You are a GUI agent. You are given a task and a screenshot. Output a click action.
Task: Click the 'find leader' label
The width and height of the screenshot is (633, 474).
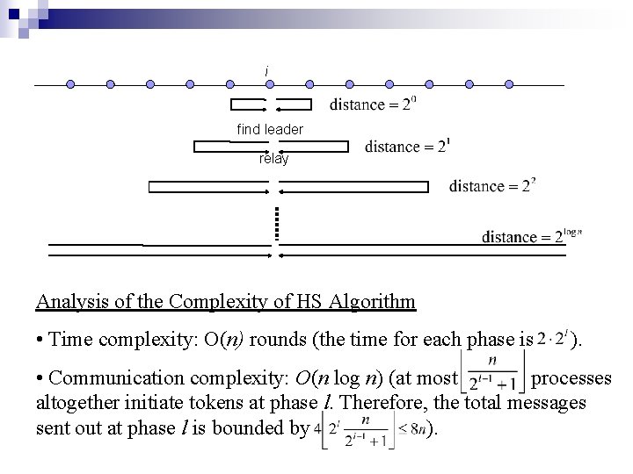coord(270,130)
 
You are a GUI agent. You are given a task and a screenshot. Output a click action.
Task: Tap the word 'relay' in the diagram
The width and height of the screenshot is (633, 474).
coord(273,160)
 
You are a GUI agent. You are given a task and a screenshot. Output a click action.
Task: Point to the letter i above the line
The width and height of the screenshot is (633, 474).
coord(267,70)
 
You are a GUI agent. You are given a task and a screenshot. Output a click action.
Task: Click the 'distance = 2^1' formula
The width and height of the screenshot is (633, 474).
coord(408,146)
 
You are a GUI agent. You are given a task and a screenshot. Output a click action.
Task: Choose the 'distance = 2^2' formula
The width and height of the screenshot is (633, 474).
coord(491,185)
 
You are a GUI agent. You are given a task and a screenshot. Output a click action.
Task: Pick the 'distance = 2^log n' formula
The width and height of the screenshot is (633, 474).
coord(532,235)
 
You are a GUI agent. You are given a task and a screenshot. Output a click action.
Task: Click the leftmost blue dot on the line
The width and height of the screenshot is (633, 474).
coord(70,85)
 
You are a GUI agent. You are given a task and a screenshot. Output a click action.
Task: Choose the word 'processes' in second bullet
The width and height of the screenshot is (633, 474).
coord(571,378)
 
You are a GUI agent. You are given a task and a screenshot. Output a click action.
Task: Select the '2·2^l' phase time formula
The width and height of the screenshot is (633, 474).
coord(554,339)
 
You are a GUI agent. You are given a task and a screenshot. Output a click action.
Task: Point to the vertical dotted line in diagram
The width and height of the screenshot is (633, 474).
coord(276,223)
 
